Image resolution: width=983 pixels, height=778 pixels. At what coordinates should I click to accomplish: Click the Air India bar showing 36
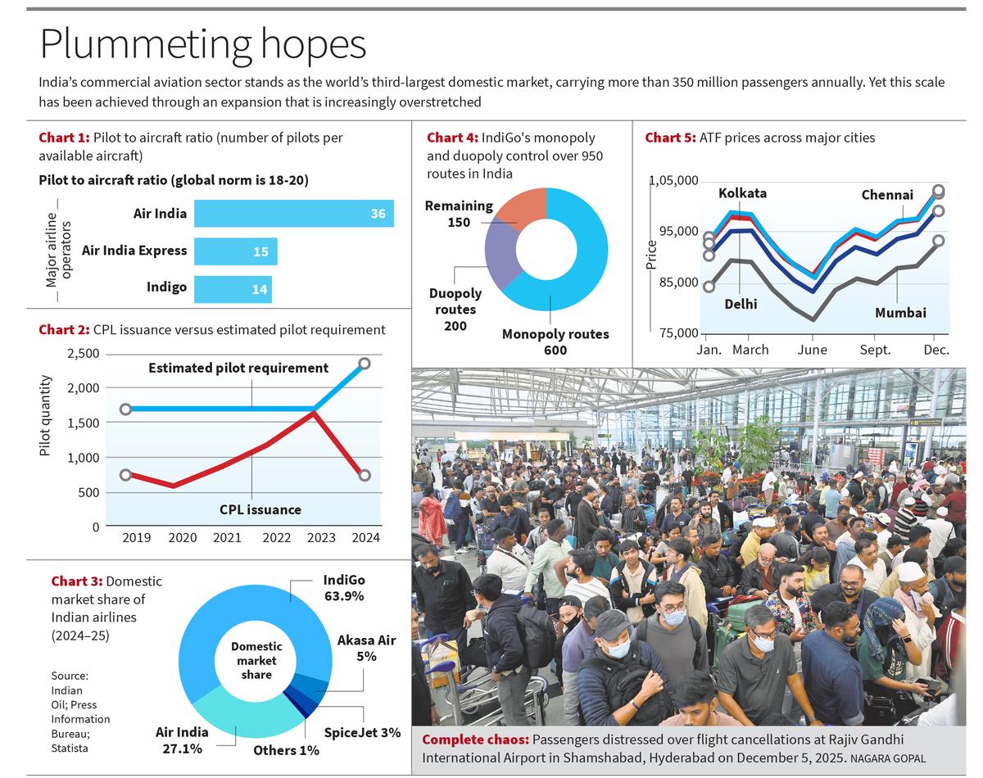[293, 214]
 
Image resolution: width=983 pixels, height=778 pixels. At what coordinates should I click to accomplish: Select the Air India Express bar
[235, 251]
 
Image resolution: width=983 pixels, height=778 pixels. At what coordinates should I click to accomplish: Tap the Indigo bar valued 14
[233, 288]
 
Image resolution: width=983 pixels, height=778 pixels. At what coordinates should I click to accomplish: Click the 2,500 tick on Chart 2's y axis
[83, 354]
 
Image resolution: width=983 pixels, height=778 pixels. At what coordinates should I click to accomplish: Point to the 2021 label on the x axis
[227, 538]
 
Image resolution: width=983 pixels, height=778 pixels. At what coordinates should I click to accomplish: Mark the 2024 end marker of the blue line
[365, 364]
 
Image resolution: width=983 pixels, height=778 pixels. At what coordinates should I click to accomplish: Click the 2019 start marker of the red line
[125, 475]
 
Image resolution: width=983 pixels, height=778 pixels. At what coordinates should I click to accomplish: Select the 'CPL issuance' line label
[260, 509]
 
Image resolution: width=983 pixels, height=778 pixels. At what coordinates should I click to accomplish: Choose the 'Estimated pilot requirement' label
[238, 369]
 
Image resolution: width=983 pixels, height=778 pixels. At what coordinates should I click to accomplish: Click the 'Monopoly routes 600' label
[555, 342]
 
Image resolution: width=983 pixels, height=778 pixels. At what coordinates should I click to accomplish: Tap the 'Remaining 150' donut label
[459, 214]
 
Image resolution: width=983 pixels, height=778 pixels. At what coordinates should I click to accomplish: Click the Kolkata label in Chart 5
[742, 193]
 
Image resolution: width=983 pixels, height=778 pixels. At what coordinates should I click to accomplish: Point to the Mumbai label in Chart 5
[900, 313]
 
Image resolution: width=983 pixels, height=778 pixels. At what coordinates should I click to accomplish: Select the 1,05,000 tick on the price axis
[673, 181]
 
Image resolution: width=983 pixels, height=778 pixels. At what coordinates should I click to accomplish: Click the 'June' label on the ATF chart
[812, 350]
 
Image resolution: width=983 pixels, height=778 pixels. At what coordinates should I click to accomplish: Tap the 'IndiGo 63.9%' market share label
[344, 587]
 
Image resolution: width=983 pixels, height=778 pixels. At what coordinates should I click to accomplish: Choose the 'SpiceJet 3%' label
[362, 732]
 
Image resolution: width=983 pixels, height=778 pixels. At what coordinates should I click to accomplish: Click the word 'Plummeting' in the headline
[144, 44]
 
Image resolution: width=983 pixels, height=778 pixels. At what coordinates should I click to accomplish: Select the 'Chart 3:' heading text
[76, 581]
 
